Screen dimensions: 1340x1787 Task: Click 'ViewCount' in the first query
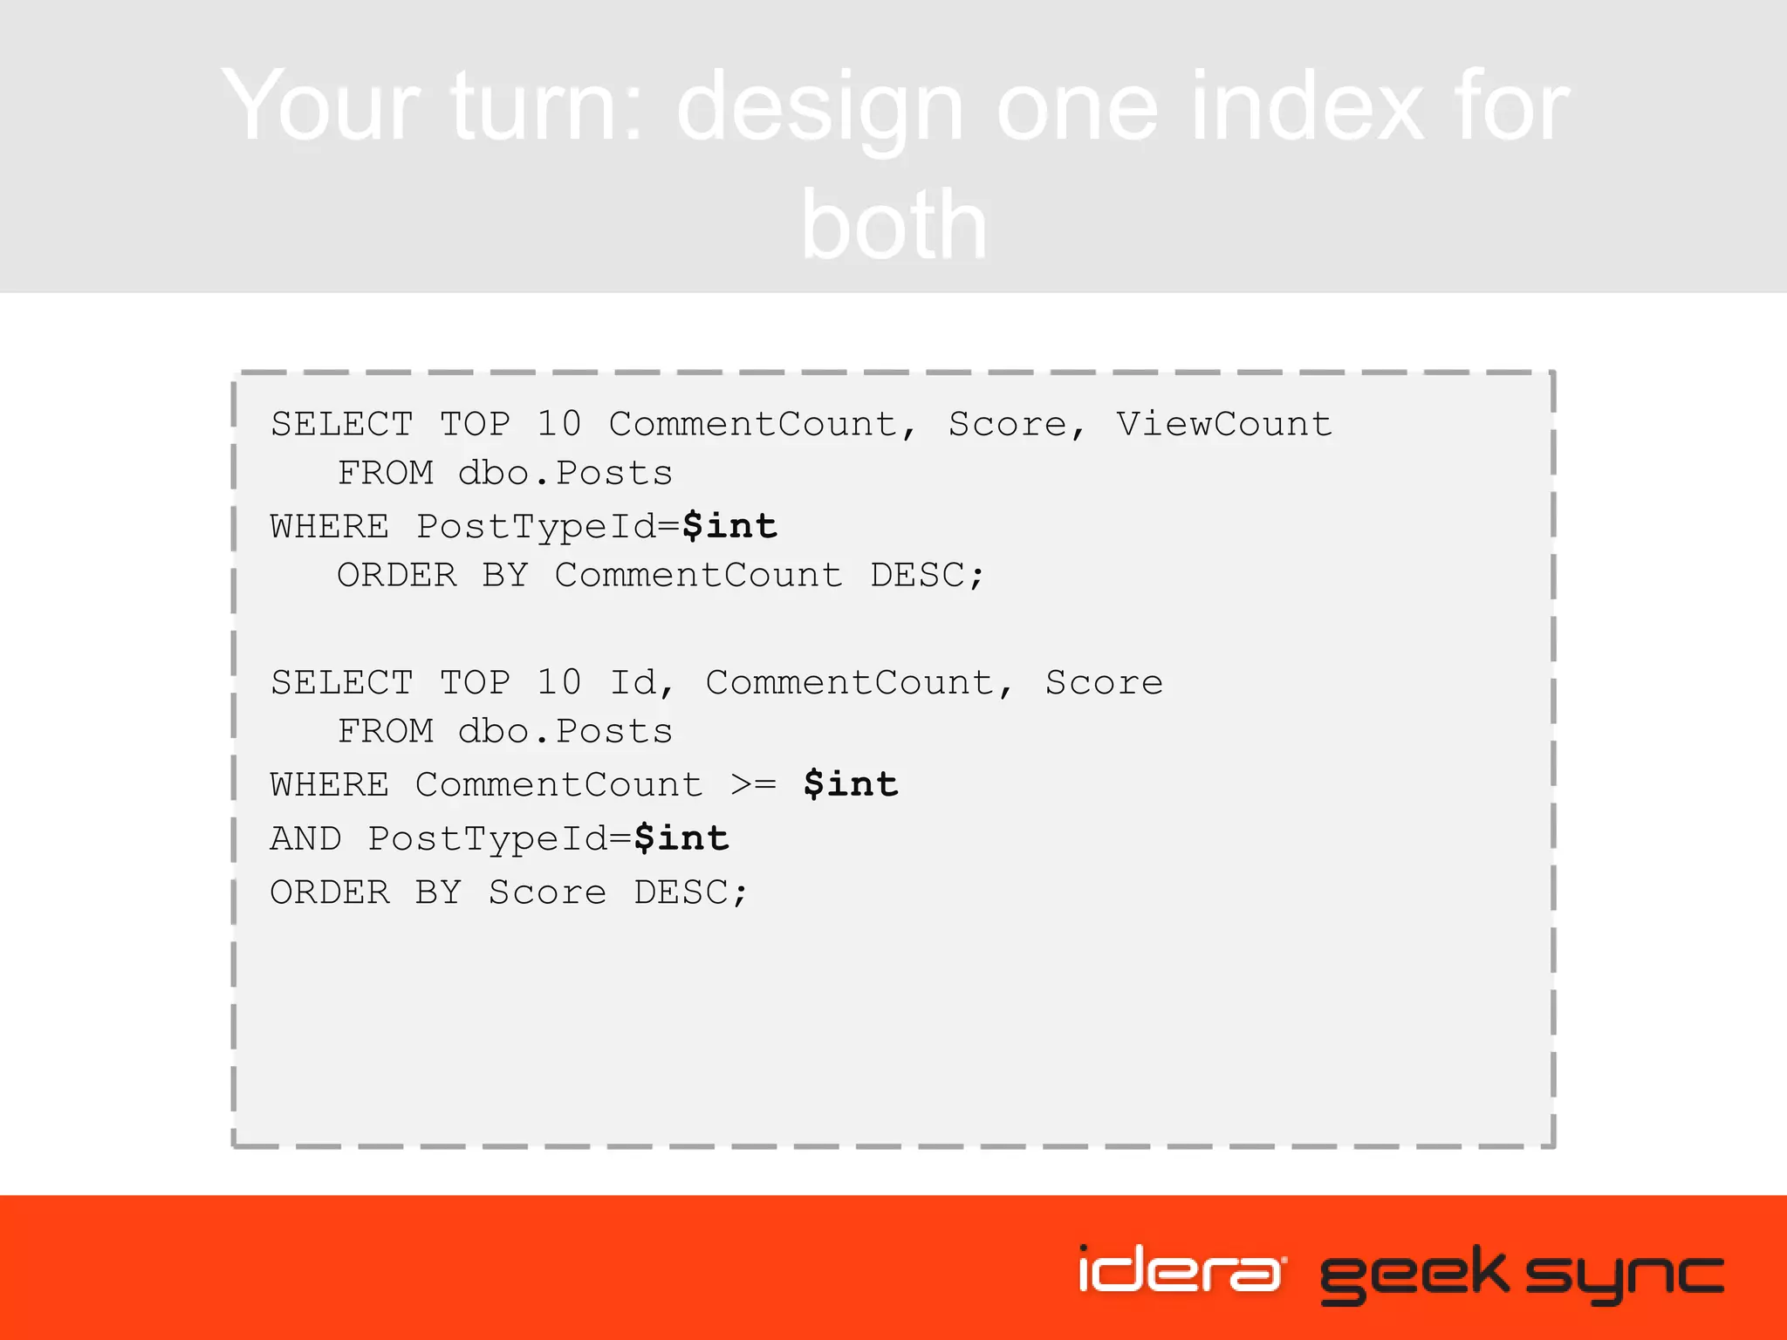click(1223, 424)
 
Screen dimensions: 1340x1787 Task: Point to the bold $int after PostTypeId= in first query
click(729, 526)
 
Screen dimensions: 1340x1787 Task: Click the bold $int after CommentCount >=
click(851, 784)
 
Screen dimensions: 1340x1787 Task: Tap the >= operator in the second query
click(753, 784)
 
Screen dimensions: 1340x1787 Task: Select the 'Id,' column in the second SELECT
click(641, 682)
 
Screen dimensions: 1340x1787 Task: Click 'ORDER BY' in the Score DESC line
click(365, 892)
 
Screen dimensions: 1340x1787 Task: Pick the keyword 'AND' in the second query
click(305, 838)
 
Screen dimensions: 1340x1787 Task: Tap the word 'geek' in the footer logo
click(1414, 1274)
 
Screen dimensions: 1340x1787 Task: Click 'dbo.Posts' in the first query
click(565, 473)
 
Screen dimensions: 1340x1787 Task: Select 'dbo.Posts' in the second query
click(565, 731)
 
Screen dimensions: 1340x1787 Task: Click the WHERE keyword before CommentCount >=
click(330, 784)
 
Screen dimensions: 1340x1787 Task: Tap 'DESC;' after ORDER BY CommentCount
click(927, 575)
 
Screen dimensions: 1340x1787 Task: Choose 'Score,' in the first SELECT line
click(1017, 424)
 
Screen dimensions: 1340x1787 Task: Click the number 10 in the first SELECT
click(558, 424)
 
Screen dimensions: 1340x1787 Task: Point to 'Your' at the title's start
click(322, 107)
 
